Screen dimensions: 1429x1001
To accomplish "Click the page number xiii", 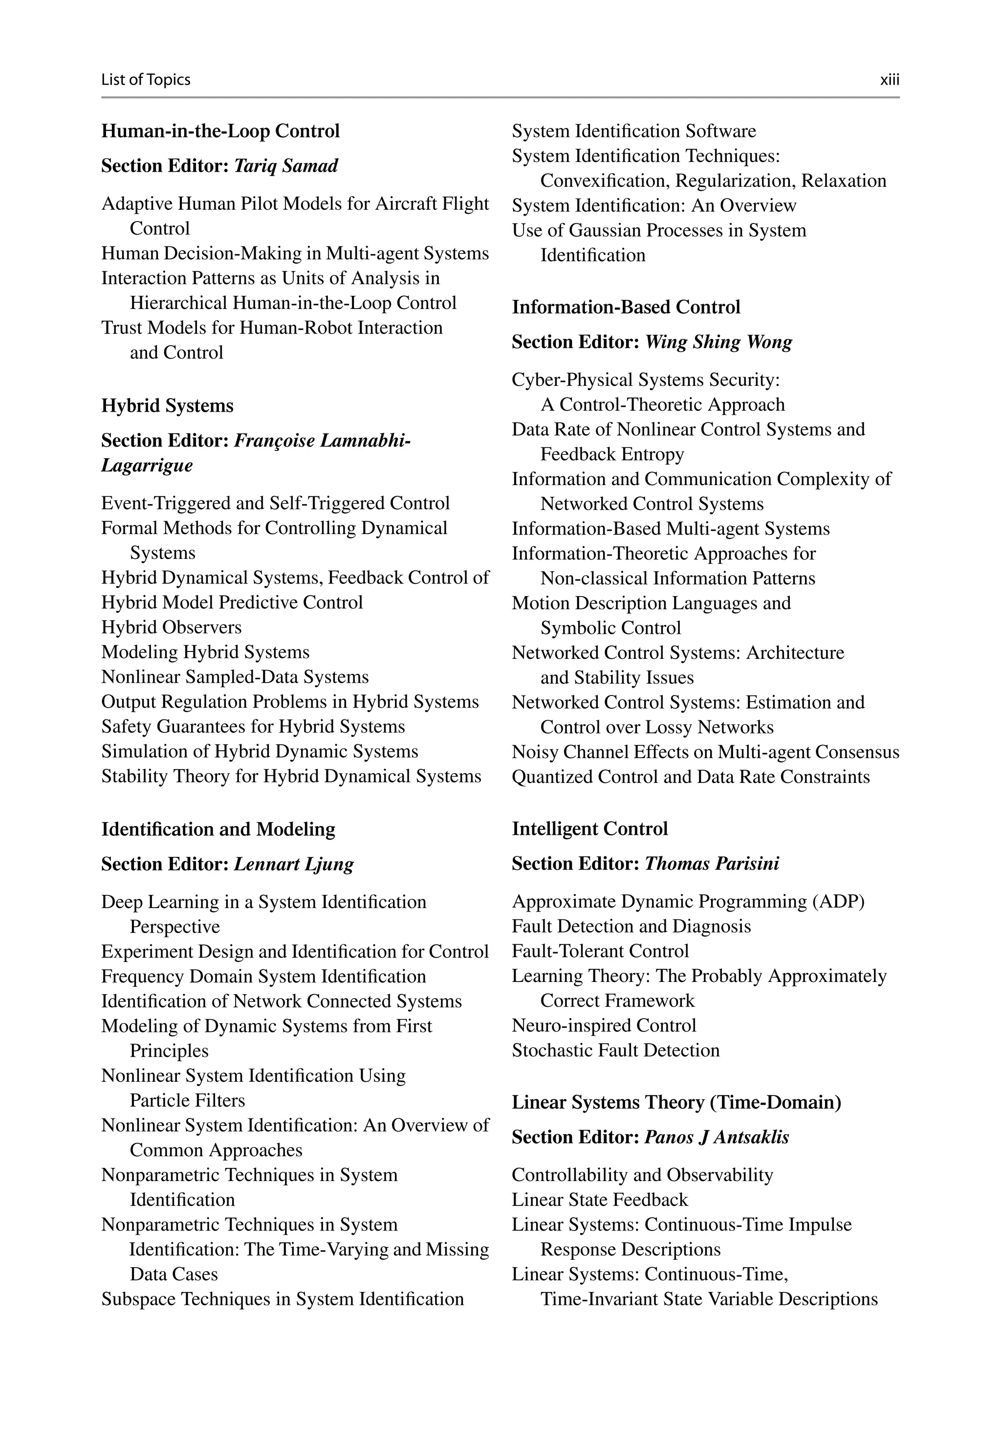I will (x=889, y=80).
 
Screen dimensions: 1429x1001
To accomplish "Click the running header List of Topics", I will (x=146, y=80).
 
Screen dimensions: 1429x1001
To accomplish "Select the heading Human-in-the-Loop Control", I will (x=220, y=132).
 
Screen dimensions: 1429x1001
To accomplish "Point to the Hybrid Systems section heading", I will (x=167, y=406).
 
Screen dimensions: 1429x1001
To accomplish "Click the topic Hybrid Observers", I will (x=171, y=627).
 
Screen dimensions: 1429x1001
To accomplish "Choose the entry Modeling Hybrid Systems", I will (x=205, y=652).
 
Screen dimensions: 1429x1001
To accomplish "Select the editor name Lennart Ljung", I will (x=294, y=865).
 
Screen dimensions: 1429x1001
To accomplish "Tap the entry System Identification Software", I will (x=633, y=132).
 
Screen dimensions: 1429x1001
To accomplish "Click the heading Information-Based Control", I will (x=626, y=308).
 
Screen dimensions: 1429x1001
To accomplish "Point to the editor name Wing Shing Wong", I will (x=718, y=342).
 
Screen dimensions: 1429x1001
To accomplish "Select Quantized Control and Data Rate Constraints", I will (x=691, y=777).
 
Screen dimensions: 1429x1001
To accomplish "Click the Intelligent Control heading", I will (x=589, y=829).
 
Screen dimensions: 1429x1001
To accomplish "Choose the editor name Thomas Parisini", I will (x=711, y=864).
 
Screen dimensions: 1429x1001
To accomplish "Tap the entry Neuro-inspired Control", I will (x=604, y=1026).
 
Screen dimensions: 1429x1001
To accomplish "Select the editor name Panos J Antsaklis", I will (x=716, y=1137).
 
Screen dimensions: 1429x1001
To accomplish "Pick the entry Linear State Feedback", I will (x=599, y=1200).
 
